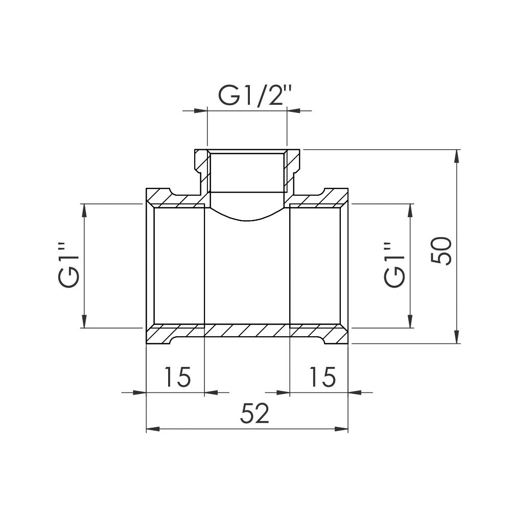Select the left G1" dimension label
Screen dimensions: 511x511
click(x=69, y=265)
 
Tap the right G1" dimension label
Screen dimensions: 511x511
click(x=394, y=265)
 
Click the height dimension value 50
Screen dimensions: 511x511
click(x=440, y=250)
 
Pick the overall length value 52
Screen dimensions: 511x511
click(x=253, y=414)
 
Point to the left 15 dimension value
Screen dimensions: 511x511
click(x=177, y=377)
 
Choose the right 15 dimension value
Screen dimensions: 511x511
click(x=322, y=377)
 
